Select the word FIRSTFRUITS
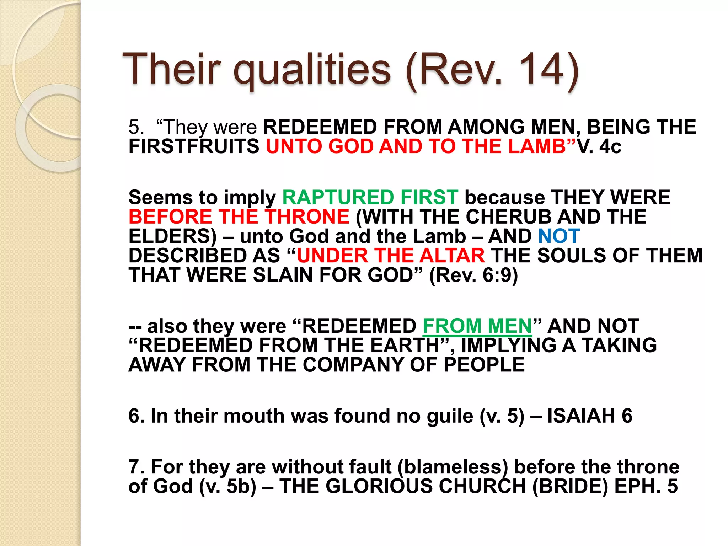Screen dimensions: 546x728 (x=194, y=146)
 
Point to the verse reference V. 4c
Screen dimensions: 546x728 (x=599, y=146)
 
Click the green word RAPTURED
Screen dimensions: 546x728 (x=338, y=197)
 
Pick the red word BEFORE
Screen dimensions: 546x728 (x=170, y=217)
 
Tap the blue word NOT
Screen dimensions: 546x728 (x=559, y=236)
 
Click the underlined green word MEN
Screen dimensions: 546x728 (x=510, y=326)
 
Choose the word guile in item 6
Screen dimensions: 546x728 (x=450, y=416)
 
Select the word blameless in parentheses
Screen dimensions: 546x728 (x=453, y=467)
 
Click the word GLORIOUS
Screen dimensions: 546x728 (x=379, y=487)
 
